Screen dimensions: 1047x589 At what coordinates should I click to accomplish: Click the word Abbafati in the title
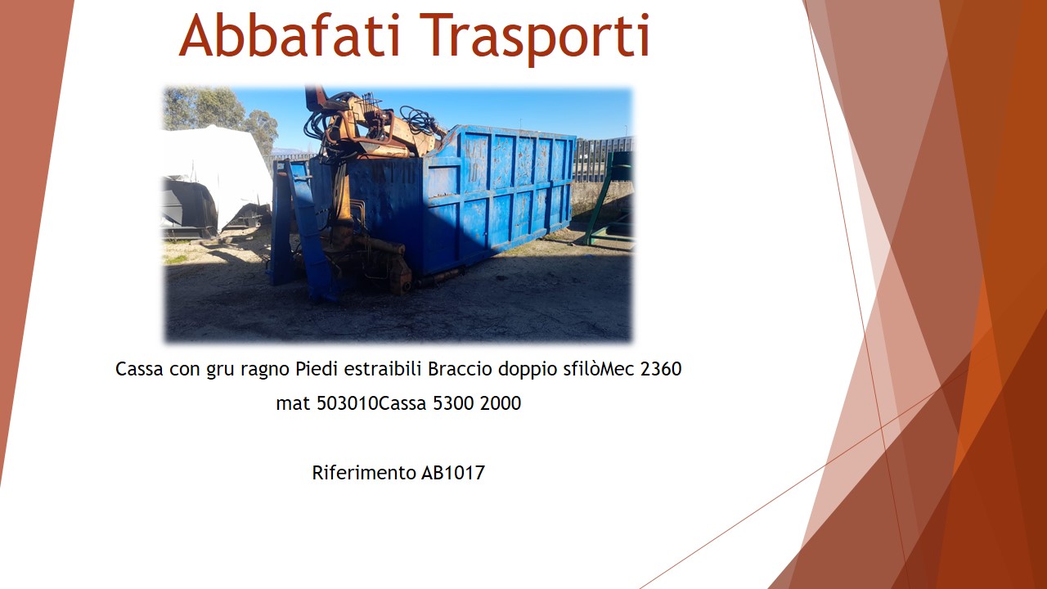(290, 35)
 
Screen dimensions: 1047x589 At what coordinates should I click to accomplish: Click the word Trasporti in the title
(535, 39)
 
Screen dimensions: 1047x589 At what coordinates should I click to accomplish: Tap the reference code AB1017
(453, 473)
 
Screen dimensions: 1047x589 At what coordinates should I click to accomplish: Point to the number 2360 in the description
(661, 369)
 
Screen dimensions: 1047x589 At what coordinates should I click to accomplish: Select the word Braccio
(460, 369)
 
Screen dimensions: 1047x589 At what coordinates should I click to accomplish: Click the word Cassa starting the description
(139, 369)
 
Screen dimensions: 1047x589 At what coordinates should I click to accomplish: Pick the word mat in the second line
(294, 404)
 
